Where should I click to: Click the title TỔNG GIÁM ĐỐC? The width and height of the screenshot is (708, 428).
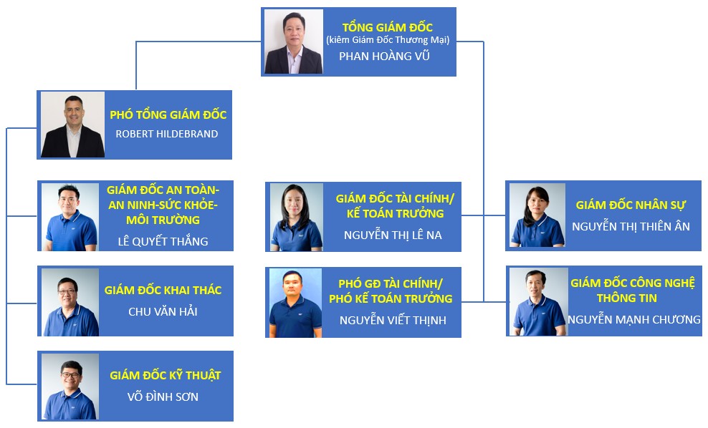pyautogui.click(x=388, y=27)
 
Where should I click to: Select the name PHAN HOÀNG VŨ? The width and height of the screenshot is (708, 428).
pyautogui.click(x=384, y=56)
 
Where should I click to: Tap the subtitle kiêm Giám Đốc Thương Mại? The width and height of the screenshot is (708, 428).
pyautogui.click(x=388, y=40)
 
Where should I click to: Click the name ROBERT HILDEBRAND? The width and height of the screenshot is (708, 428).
pyautogui.click(x=167, y=134)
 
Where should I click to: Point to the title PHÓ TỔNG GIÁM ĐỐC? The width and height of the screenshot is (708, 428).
pyautogui.click(x=168, y=115)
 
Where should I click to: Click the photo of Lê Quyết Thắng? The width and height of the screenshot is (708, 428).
pyautogui.click(x=70, y=217)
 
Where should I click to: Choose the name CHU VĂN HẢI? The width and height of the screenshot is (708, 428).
pyautogui.click(x=163, y=311)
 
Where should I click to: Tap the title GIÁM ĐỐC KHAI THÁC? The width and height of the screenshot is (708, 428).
pyautogui.click(x=163, y=290)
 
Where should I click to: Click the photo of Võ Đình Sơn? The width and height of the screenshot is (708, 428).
pyautogui.click(x=70, y=386)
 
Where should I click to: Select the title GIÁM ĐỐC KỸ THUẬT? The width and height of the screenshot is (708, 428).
pyautogui.click(x=166, y=375)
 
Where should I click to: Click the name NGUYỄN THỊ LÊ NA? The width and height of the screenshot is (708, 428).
pyautogui.click(x=393, y=235)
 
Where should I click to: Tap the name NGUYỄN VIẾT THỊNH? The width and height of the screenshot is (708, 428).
pyautogui.click(x=393, y=320)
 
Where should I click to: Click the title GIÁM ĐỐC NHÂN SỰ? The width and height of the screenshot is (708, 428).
pyautogui.click(x=631, y=205)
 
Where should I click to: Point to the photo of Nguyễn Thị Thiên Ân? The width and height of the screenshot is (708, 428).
pyautogui.click(x=537, y=215)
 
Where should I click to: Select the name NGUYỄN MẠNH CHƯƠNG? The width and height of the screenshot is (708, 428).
pyautogui.click(x=634, y=319)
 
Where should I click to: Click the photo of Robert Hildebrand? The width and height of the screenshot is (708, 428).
pyautogui.click(x=72, y=125)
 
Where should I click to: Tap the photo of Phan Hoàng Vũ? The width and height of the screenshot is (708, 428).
pyautogui.click(x=294, y=42)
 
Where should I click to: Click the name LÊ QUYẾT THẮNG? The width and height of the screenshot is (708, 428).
pyautogui.click(x=163, y=241)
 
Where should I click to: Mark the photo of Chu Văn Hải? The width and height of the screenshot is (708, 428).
pyautogui.click(x=70, y=302)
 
